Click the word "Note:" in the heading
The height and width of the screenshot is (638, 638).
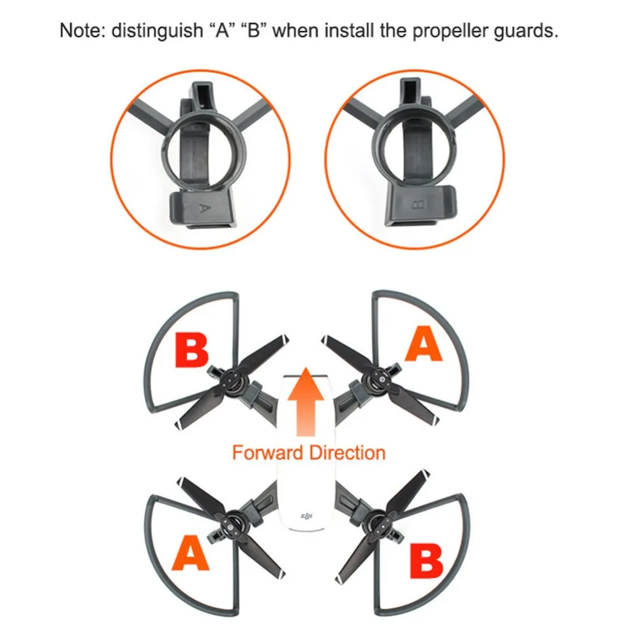coord(82,31)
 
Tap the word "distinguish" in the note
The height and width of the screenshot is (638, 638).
coord(157,31)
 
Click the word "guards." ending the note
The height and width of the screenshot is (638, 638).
coord(526,31)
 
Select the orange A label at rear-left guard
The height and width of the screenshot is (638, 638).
coord(190,553)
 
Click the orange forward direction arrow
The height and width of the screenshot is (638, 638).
coord(306,401)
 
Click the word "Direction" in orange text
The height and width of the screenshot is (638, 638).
coord(347,453)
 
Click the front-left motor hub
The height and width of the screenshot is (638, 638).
coord(231,382)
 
